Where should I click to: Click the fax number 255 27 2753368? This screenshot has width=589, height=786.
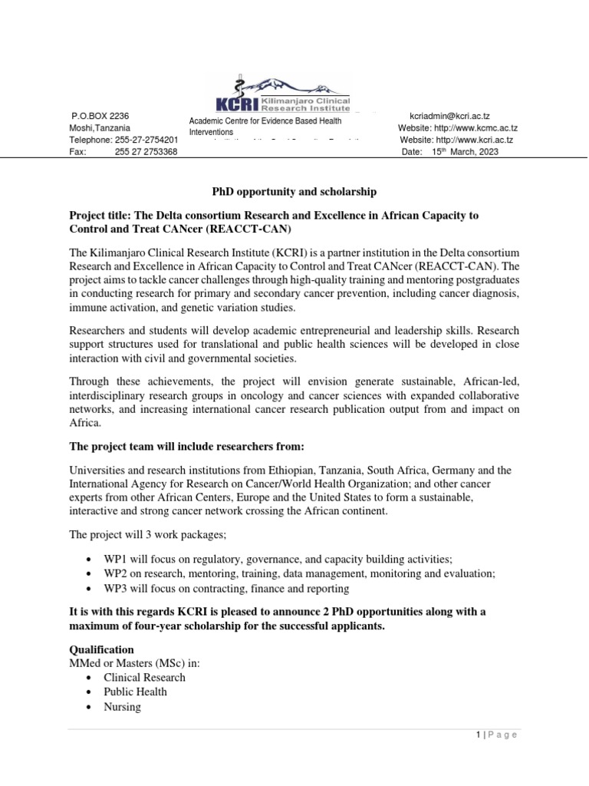coord(146,152)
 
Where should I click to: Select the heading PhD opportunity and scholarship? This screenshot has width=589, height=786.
coord(294,190)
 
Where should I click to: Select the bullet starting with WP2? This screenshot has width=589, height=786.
coord(299,573)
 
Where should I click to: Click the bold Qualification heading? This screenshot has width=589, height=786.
coord(101,649)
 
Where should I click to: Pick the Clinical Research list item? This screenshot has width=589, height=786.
coord(144,677)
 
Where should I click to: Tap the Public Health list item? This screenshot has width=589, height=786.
coord(134,692)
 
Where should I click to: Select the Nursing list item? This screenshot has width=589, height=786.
coord(122,707)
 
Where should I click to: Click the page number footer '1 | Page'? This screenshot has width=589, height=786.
coord(495,735)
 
